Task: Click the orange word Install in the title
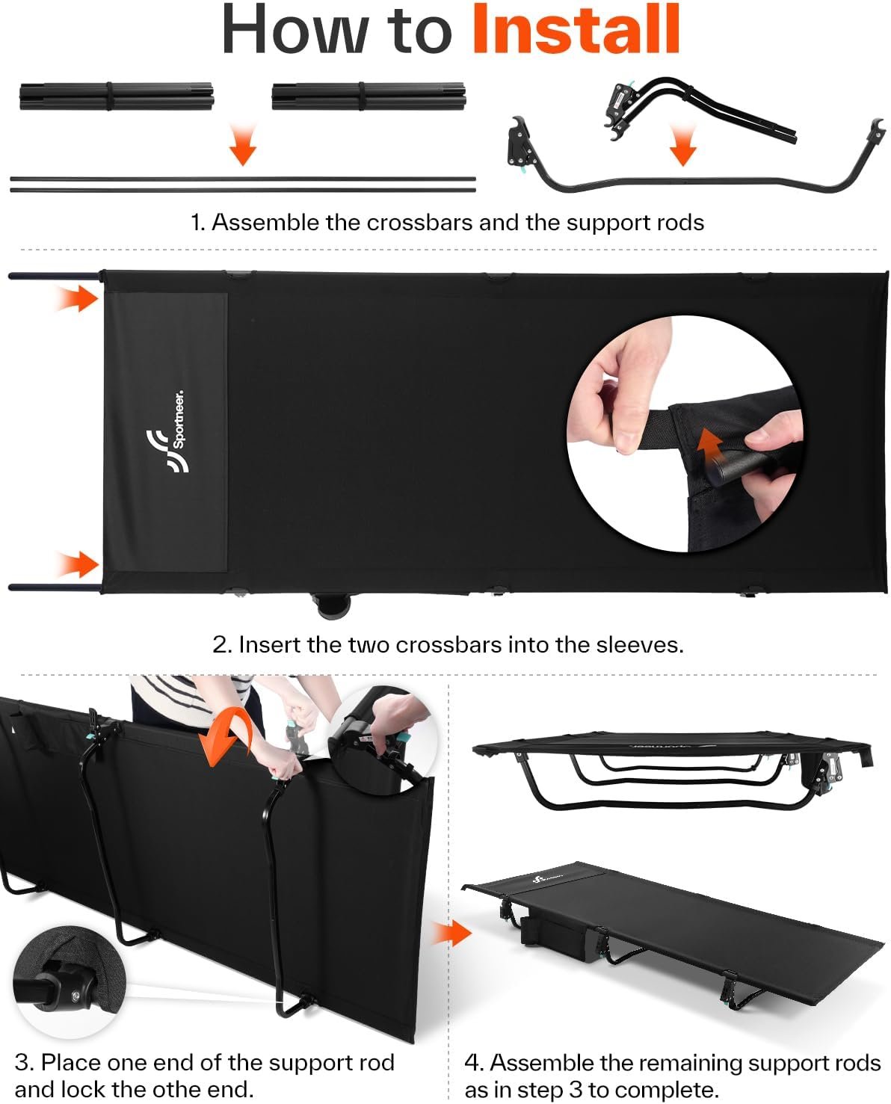(576, 28)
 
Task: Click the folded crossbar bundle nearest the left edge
(117, 96)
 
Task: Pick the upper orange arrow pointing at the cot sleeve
(77, 298)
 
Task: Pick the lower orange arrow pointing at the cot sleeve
(78, 564)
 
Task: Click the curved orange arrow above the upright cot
(226, 738)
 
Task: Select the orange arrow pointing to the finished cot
(452, 933)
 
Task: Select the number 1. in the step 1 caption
(199, 223)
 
